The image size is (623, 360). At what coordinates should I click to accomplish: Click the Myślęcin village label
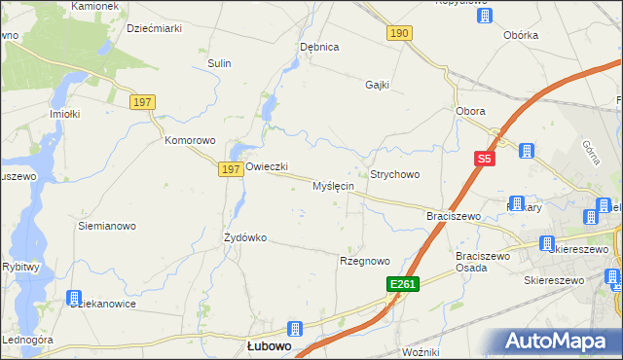(333, 186)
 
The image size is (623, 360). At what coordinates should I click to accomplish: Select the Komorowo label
(189, 140)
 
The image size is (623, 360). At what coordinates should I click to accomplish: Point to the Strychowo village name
(394, 175)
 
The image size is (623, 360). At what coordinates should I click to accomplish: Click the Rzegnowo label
(364, 261)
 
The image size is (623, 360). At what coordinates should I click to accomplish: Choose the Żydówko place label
(245, 237)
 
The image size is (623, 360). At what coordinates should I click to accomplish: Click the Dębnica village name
(319, 47)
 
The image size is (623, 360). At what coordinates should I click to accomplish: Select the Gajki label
(377, 85)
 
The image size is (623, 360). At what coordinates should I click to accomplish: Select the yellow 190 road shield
(400, 33)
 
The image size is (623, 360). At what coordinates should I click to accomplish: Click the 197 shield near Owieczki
(230, 169)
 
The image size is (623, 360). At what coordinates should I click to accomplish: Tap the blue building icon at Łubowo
(295, 330)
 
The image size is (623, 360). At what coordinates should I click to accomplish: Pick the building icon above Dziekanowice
(74, 298)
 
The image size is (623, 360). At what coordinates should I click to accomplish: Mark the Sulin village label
(218, 63)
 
